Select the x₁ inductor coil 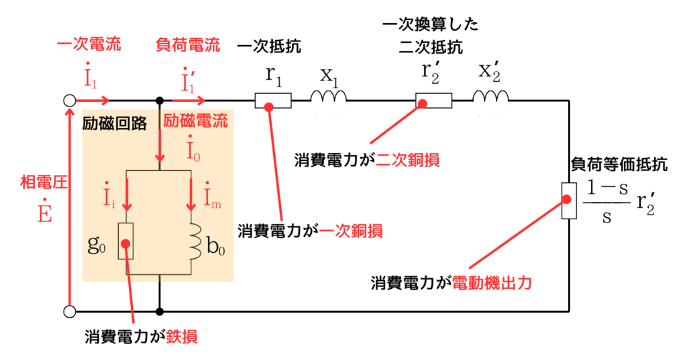tap(328, 99)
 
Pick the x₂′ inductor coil tap(490, 99)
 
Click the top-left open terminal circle tap(69, 101)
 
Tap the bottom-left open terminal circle tap(69, 312)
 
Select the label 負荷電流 tap(188, 46)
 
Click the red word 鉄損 tap(183, 338)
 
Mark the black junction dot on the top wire tap(160, 101)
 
